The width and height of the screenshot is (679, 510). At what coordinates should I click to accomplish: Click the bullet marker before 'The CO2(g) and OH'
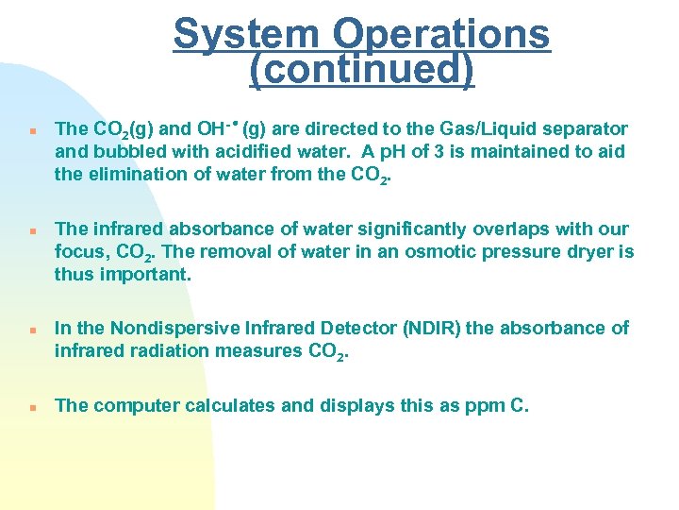tap(32, 130)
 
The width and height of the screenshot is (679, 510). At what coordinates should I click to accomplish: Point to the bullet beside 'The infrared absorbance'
tap(32, 230)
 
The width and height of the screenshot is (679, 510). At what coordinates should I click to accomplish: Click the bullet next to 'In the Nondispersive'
tap(32, 330)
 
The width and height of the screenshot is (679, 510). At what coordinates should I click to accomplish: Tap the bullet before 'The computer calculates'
tap(32, 407)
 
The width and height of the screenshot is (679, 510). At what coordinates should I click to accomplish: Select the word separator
tap(585, 128)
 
